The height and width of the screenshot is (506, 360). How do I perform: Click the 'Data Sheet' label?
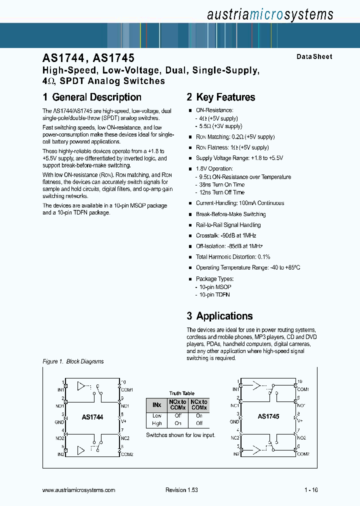(x=314, y=57)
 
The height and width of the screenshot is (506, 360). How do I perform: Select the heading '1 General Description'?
(x=92, y=97)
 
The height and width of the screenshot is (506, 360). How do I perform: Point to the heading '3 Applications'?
(x=219, y=316)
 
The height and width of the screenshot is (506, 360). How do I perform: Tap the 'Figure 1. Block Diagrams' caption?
(x=73, y=361)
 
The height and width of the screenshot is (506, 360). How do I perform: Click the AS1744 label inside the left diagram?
(x=92, y=416)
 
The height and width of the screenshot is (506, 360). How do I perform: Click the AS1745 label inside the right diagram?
(x=268, y=416)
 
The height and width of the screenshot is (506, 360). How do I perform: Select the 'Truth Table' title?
(x=181, y=393)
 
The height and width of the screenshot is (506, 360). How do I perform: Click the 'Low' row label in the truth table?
(x=156, y=416)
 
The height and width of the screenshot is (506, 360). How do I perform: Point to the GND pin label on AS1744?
(x=60, y=421)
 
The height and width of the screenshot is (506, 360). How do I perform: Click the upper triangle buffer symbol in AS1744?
(x=81, y=386)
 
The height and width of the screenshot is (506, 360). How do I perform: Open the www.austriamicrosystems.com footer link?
(x=79, y=490)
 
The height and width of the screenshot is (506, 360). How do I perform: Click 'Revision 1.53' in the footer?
(x=181, y=490)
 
